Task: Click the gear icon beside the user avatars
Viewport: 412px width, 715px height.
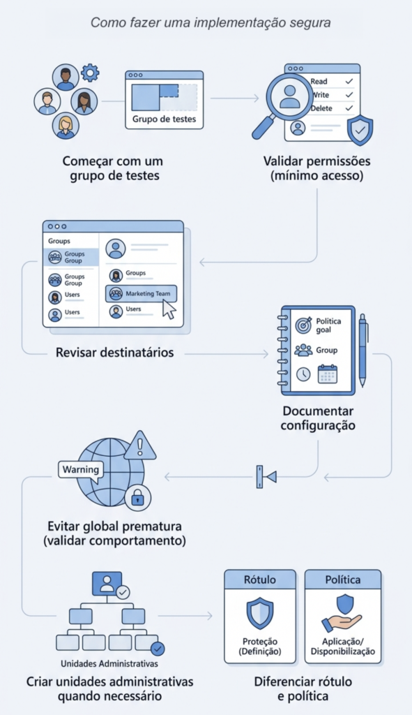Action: (90, 73)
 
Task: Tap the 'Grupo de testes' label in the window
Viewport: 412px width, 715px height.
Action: (164, 119)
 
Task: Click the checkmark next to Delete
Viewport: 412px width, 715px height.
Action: (349, 108)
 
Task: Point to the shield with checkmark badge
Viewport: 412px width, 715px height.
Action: (360, 131)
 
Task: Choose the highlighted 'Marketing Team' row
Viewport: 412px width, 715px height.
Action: (141, 294)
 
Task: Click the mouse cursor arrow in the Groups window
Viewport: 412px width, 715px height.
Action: (169, 309)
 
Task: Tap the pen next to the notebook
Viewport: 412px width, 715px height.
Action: (363, 350)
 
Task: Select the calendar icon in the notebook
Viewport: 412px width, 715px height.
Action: (328, 374)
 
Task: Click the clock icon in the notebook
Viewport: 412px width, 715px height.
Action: (303, 374)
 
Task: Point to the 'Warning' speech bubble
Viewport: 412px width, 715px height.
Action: (81, 471)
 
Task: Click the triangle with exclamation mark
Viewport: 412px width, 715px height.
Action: (139, 446)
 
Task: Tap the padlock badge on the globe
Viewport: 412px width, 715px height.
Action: (137, 498)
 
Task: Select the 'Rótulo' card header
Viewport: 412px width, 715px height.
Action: (260, 580)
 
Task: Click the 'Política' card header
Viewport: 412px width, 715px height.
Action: (343, 580)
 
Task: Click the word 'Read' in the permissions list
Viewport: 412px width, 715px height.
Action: (319, 81)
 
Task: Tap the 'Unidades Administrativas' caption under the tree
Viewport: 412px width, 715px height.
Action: (109, 663)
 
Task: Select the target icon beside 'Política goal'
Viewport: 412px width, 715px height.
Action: (304, 325)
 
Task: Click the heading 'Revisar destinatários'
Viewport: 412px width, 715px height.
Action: (115, 353)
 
